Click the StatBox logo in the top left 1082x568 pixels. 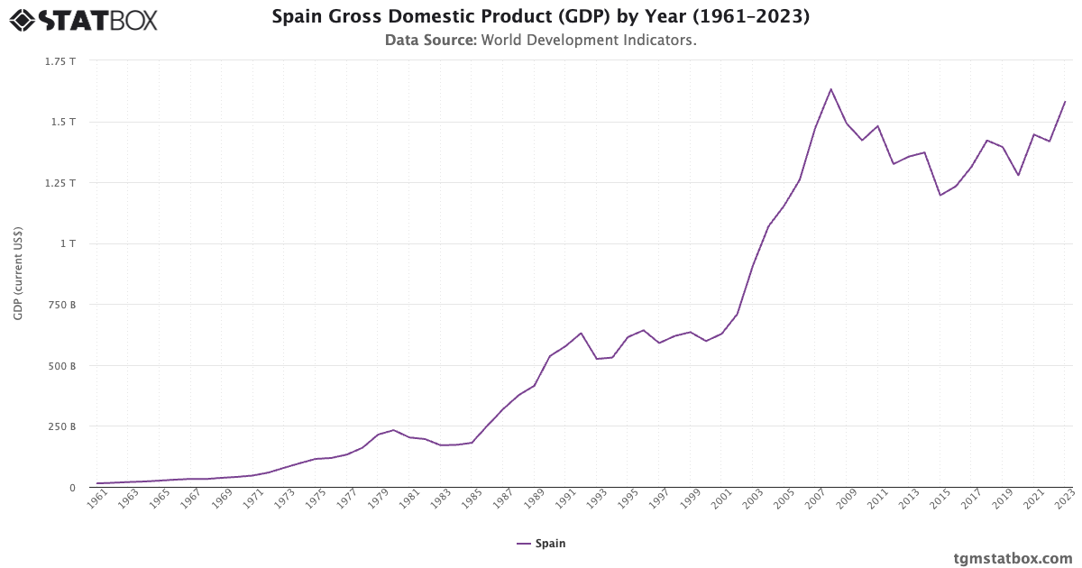click(84, 20)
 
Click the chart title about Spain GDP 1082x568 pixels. click(540, 17)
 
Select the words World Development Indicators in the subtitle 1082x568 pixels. click(589, 41)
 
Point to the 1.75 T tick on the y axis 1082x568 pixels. click(60, 61)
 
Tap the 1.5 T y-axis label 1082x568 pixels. click(63, 122)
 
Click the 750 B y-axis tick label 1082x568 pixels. click(60, 305)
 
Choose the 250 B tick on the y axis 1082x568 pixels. click(60, 426)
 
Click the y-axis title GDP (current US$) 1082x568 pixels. click(18, 274)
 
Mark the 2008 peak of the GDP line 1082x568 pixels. click(830, 89)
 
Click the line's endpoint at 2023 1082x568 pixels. click(1065, 102)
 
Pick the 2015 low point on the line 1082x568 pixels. click(940, 196)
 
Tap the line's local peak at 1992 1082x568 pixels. click(581, 334)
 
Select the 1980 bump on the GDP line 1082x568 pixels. click(393, 430)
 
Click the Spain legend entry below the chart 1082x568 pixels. click(541, 544)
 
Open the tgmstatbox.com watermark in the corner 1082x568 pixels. click(1013, 558)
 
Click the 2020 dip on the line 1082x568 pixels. click(1018, 175)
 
